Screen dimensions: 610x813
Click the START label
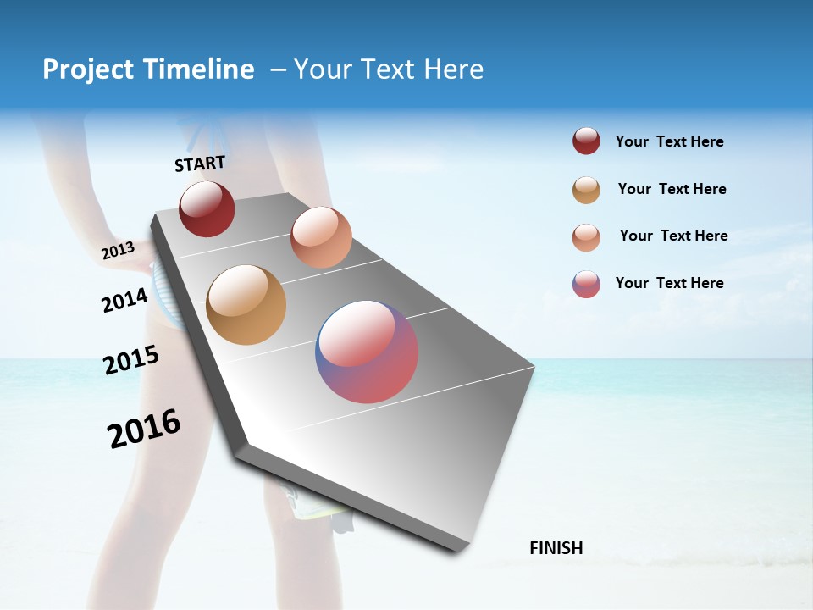click(200, 164)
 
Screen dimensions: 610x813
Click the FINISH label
click(556, 548)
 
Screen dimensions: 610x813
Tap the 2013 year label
click(118, 251)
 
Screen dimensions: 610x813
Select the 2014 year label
click(124, 300)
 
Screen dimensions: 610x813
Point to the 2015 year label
click(130, 360)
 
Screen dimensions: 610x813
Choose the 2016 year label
click(144, 428)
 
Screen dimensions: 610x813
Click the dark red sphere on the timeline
click(207, 209)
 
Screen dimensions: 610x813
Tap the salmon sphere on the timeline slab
click(321, 237)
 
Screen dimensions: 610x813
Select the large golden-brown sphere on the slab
click(246, 305)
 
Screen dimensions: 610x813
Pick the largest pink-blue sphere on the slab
click(367, 352)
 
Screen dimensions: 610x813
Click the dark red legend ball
click(586, 141)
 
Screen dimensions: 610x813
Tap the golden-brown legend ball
click(586, 190)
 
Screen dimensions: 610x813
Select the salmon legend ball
click(586, 237)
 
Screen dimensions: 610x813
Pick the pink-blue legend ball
click(586, 284)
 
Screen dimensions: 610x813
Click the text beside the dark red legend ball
click(669, 141)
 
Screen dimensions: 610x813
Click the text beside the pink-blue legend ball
click(669, 283)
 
